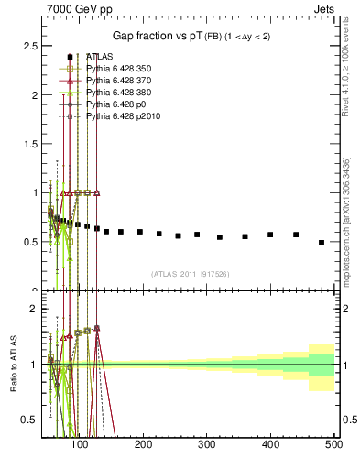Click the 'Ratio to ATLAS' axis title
pyautogui.click(x=13, y=364)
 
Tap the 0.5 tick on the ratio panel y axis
pyautogui.click(x=30, y=420)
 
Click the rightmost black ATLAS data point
pyautogui.click(x=322, y=243)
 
